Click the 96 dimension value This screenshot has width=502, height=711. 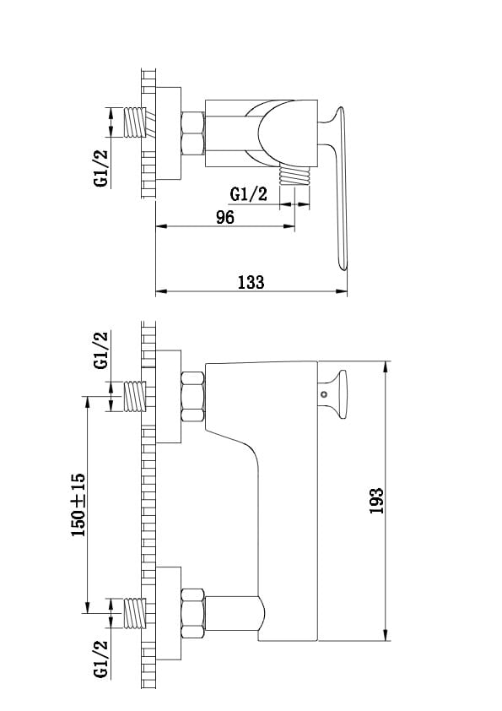[x=225, y=217]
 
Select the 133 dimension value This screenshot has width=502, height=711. [x=251, y=282]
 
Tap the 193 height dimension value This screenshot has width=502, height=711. [x=376, y=501]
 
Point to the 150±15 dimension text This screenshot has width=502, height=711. [x=78, y=505]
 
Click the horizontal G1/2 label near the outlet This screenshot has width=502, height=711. [x=248, y=194]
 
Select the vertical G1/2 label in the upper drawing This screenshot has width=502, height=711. [x=101, y=168]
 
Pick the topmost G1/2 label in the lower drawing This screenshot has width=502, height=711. [x=101, y=350]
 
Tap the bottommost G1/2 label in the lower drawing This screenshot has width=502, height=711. [x=101, y=659]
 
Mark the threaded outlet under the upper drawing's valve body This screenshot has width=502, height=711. [x=295, y=175]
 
